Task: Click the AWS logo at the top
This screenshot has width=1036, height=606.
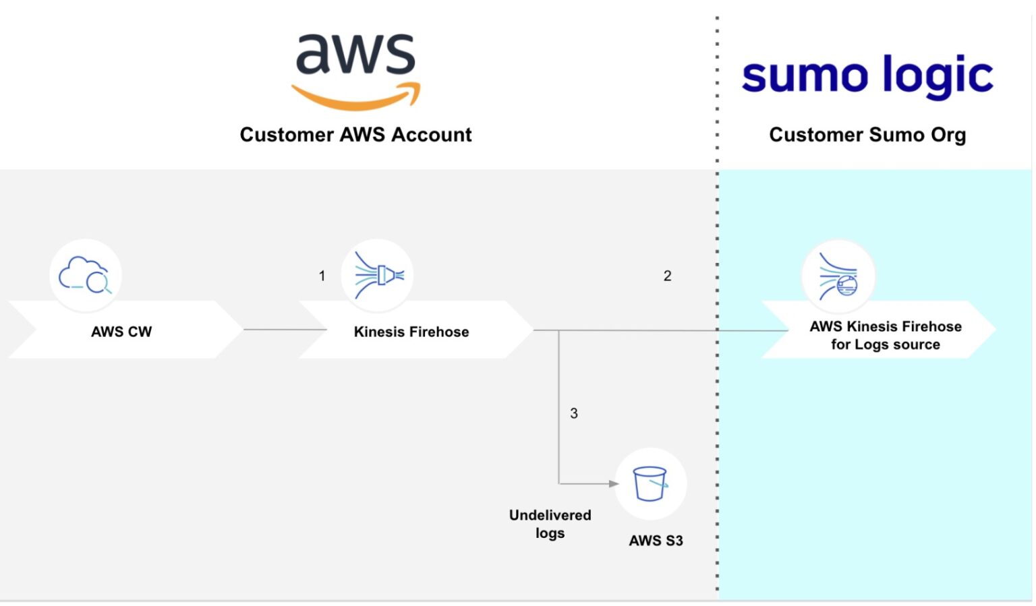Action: [x=355, y=71]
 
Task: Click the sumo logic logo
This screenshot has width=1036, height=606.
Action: [x=867, y=75]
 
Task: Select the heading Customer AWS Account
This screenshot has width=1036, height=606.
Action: [x=355, y=135]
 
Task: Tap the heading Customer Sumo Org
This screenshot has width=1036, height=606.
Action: [x=867, y=135]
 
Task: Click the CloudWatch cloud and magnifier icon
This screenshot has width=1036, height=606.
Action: [x=85, y=275]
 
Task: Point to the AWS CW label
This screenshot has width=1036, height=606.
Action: [x=121, y=332]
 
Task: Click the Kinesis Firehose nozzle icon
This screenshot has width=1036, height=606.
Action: [x=378, y=275]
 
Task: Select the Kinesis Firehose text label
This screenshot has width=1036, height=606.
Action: [x=411, y=332]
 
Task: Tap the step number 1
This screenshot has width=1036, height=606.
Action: [x=322, y=276]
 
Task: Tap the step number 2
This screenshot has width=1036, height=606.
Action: [x=667, y=276]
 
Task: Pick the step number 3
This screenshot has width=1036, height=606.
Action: [x=574, y=413]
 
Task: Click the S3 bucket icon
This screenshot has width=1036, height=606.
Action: [x=650, y=483]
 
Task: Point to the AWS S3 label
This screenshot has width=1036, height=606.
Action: [x=656, y=541]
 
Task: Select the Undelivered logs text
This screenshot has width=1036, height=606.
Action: [x=550, y=524]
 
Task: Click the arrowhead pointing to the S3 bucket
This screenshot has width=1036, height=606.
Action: [x=613, y=483]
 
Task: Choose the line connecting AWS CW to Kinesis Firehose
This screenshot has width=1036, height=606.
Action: [x=285, y=330]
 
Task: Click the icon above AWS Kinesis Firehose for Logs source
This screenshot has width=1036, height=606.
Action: [x=838, y=276]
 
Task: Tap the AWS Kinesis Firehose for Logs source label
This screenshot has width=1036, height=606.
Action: [x=885, y=335]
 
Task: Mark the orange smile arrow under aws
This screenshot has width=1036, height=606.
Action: [x=355, y=98]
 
